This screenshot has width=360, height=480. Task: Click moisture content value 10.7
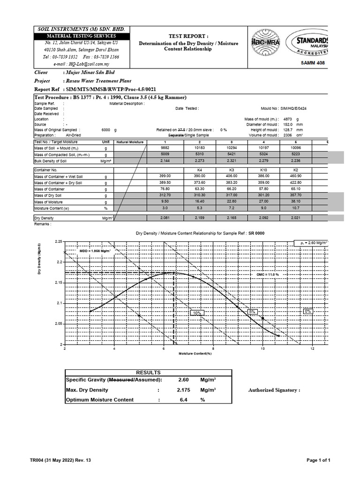point(296,208)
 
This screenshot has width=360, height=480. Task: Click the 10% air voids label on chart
point(196,313)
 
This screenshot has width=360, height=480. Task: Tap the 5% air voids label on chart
point(252,311)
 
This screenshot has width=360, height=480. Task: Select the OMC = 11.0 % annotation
point(281,274)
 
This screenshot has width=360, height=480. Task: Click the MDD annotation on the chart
point(95,251)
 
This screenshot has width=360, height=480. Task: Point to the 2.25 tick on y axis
point(58,241)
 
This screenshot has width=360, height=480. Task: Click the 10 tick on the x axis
point(263,349)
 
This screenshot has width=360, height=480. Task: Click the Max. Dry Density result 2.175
point(184,390)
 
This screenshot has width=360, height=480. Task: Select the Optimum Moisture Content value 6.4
point(184,400)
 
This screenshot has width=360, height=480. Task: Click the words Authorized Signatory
point(274,390)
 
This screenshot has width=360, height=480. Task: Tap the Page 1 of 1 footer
point(318,461)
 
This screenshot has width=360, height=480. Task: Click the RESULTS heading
point(148,372)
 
